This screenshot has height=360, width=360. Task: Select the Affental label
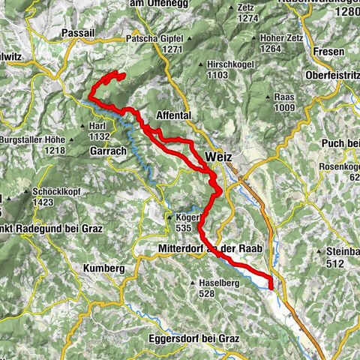[x=173, y=115]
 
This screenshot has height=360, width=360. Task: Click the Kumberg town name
[x=102, y=268]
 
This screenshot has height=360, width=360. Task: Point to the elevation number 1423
[x=46, y=201]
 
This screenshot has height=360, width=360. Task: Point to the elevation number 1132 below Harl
[x=99, y=137]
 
